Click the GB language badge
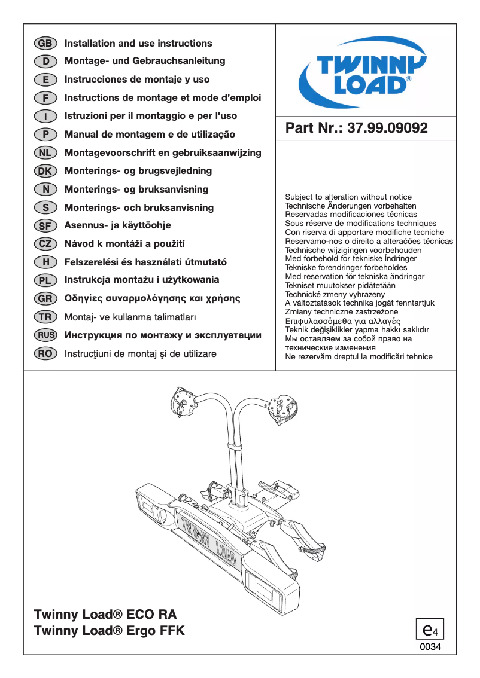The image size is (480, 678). [x=45, y=44]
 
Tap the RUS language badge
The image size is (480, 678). [x=45, y=335]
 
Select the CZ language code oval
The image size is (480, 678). [x=45, y=244]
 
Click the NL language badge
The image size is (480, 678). [x=45, y=153]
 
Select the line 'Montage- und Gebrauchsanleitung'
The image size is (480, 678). [x=145, y=61]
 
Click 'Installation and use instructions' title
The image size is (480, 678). [x=138, y=44]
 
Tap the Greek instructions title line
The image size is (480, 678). [x=152, y=298]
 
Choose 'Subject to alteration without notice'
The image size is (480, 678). [x=348, y=197]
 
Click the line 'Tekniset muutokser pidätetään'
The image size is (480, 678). [x=340, y=285]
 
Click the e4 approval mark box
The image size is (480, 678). [x=430, y=630]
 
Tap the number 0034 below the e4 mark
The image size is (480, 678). [x=430, y=647]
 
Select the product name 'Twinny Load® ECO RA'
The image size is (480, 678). [x=105, y=615]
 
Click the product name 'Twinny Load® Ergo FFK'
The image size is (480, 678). [x=110, y=631]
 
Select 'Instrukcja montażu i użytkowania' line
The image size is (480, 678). [x=142, y=280]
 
